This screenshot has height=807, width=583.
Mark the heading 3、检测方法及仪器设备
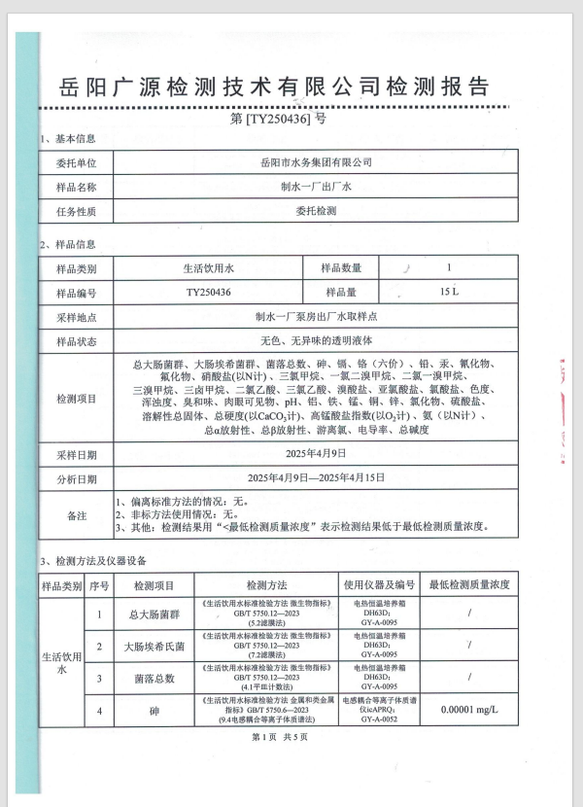[x=93, y=561]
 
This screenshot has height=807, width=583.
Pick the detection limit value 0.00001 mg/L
[x=468, y=711]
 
